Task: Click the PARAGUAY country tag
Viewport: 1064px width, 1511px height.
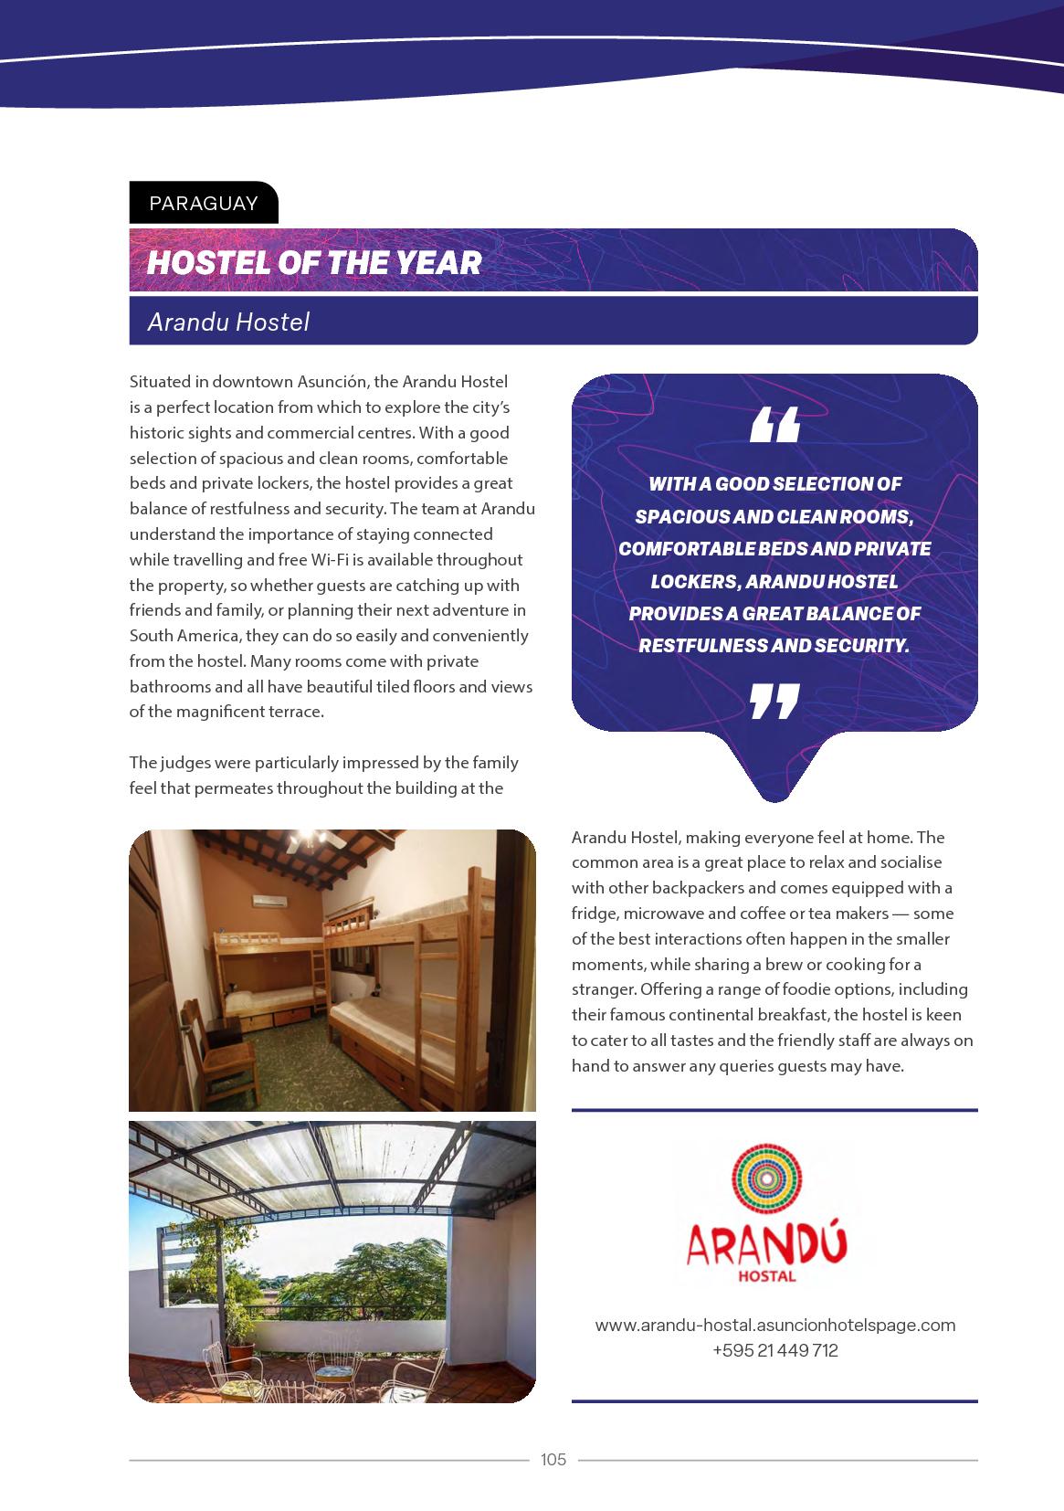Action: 203,203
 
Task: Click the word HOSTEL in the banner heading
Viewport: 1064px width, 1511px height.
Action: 199,263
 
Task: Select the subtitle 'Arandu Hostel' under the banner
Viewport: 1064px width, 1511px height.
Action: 228,322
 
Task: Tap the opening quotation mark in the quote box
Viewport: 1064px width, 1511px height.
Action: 774,425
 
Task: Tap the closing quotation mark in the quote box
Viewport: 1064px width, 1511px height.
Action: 774,701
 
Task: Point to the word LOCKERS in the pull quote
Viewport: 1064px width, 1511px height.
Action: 694,581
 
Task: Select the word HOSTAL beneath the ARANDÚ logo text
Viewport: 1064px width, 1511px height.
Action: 767,1275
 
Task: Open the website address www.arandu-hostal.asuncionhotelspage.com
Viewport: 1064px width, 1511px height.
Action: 774,1325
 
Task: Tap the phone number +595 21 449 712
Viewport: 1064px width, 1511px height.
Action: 774,1350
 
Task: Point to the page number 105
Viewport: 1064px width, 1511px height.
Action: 553,1460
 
